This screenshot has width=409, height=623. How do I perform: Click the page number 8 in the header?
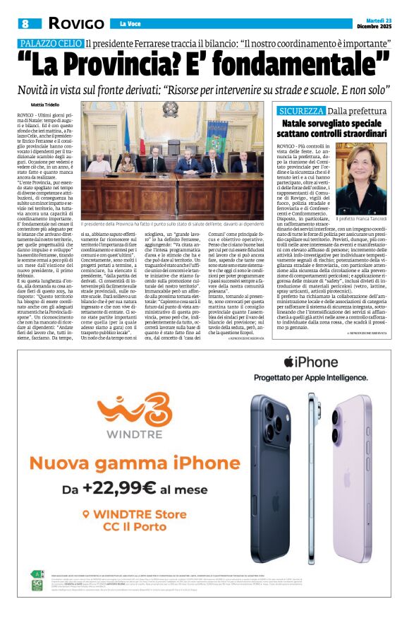pos(25,23)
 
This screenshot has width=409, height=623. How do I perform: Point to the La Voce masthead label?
pos(130,23)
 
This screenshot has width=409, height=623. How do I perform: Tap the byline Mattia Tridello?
pos(45,105)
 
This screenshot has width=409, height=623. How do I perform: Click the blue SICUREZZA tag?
pos(301,111)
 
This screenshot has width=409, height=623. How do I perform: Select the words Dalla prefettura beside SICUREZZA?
pos(357,111)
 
